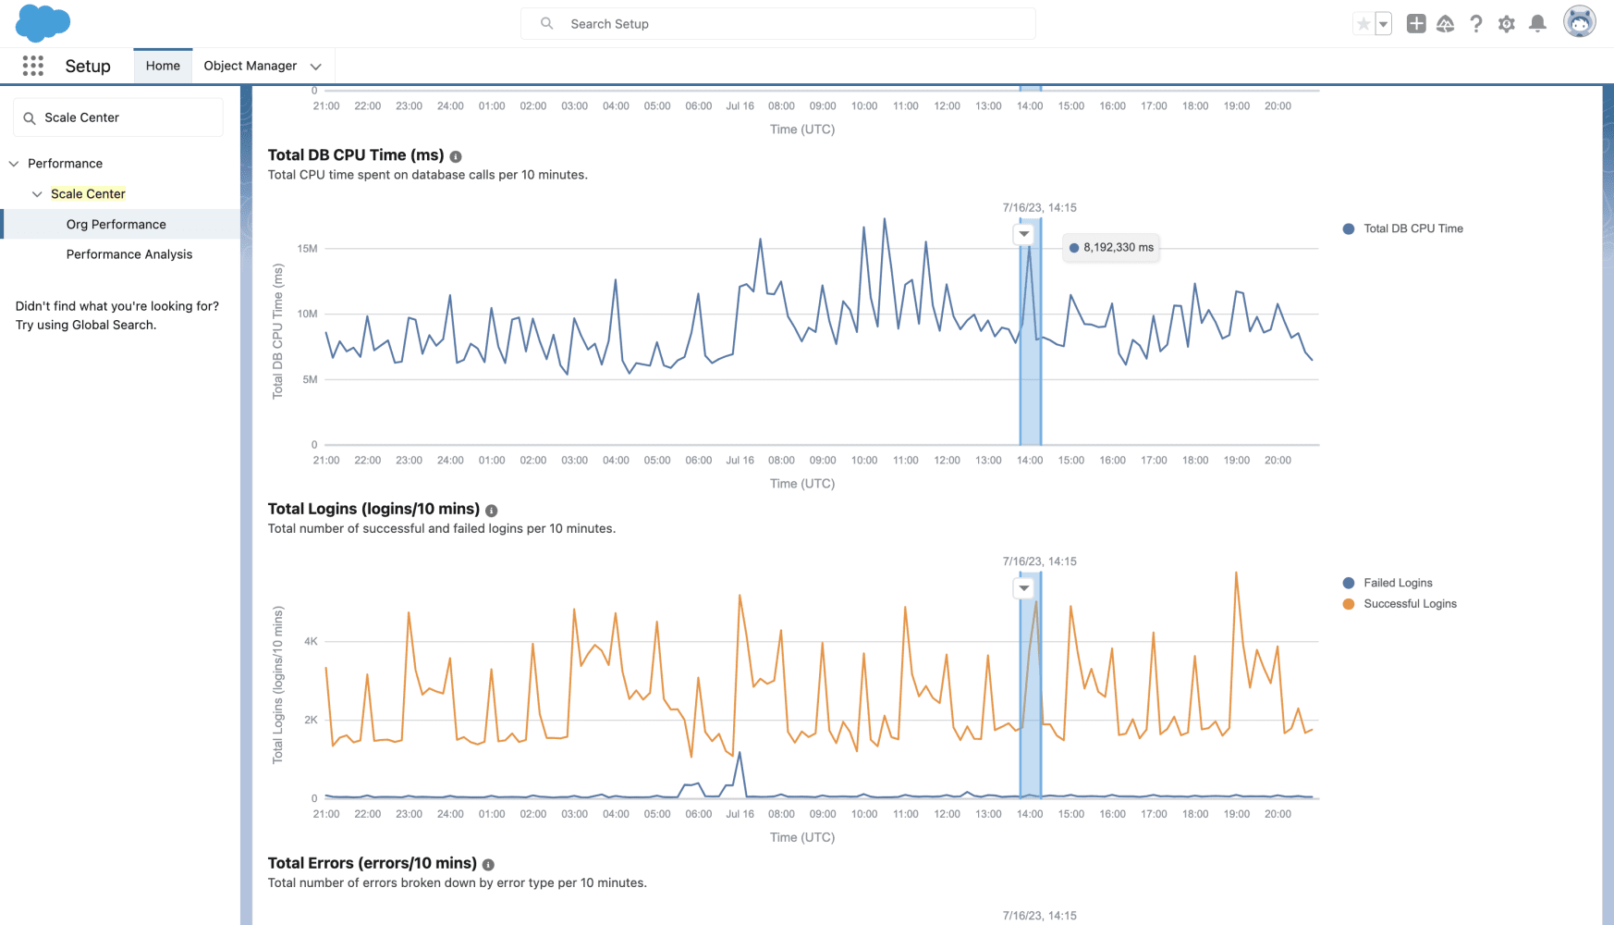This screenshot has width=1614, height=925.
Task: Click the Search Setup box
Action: (777, 24)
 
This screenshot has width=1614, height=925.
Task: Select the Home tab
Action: (163, 66)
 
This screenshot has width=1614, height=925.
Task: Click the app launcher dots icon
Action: (33, 66)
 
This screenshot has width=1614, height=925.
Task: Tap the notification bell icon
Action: (1537, 24)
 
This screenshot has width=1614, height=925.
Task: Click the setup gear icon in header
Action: (1507, 24)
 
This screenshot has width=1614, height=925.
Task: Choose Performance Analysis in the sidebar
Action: (129, 254)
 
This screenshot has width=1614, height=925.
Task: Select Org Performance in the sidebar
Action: (116, 224)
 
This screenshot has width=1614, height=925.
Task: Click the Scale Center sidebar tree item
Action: (88, 193)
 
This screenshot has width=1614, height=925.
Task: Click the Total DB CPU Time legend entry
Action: (1403, 228)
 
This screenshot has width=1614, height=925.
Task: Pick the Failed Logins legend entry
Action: (1388, 583)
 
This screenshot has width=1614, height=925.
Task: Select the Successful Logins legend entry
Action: (1400, 604)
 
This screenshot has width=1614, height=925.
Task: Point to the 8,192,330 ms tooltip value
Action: (1119, 248)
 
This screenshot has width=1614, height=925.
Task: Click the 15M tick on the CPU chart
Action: (307, 249)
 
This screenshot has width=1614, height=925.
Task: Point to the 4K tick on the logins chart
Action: (311, 641)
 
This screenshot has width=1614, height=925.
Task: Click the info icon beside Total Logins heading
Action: (492, 511)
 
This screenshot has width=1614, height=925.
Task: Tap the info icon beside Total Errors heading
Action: (488, 865)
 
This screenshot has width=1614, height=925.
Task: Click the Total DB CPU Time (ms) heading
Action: (356, 155)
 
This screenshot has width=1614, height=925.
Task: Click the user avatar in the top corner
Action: (1580, 22)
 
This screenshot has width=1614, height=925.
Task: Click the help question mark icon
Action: (1476, 24)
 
